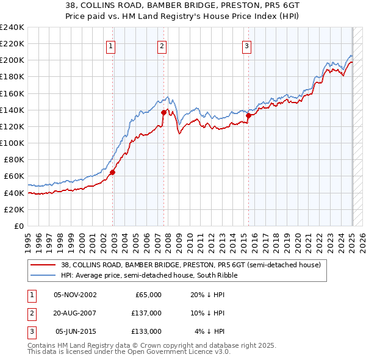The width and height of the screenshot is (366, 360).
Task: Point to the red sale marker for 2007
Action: tap(164, 112)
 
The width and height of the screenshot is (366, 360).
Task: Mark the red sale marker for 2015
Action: tap(249, 115)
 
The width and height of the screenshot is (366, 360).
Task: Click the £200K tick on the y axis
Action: tap(12, 60)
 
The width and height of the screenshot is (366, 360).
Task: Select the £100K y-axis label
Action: tap(12, 143)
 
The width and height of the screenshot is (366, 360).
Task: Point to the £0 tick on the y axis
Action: tap(20, 226)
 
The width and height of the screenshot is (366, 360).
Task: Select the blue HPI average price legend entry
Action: tap(152, 275)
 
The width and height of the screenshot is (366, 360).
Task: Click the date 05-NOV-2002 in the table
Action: tap(75, 295)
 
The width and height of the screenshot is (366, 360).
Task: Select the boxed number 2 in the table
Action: tap(30, 313)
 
